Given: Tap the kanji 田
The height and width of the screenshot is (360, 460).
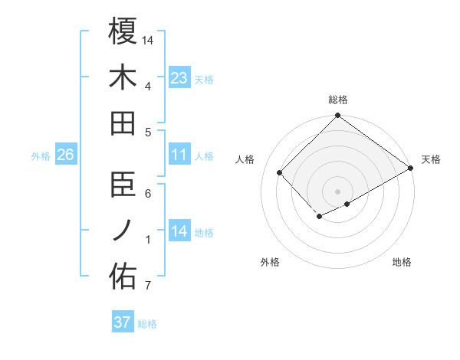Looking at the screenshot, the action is (x=123, y=123).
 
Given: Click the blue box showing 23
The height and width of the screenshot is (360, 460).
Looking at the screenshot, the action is (x=179, y=77).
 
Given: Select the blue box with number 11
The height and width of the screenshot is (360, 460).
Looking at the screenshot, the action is (x=179, y=155).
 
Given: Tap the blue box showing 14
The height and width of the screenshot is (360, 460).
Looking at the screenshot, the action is (x=179, y=232).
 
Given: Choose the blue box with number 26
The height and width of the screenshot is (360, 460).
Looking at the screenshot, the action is (x=65, y=155).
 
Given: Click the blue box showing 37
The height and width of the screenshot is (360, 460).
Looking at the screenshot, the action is (x=122, y=322).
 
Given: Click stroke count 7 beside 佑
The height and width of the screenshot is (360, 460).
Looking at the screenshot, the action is (x=147, y=287).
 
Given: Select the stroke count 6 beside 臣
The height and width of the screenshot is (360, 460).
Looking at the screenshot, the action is (x=147, y=193).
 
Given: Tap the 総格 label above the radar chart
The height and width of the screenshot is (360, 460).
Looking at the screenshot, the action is (x=338, y=100).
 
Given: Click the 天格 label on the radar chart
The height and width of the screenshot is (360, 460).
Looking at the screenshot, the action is (x=431, y=159).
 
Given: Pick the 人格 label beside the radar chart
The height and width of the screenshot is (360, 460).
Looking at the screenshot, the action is (x=245, y=159).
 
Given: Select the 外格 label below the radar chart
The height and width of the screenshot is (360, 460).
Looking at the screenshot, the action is (x=270, y=262).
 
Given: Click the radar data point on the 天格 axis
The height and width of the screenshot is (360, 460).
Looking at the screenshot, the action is (x=410, y=169).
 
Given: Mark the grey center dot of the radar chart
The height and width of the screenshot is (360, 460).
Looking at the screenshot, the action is (x=337, y=191).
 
